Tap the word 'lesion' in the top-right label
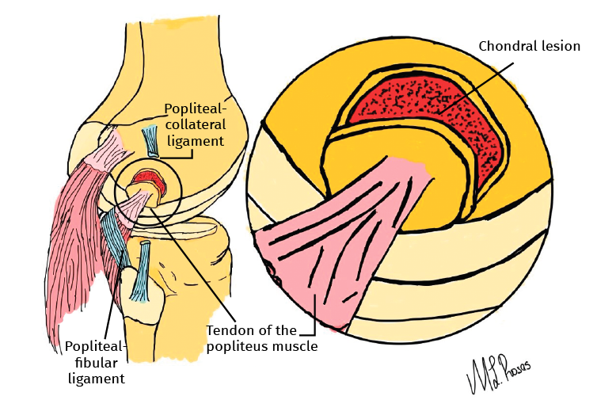click(560, 46)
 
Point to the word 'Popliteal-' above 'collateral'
click(196, 109)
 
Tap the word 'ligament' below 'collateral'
click(196, 141)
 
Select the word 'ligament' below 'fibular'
click(95, 379)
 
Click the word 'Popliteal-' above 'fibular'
click(94, 347)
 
